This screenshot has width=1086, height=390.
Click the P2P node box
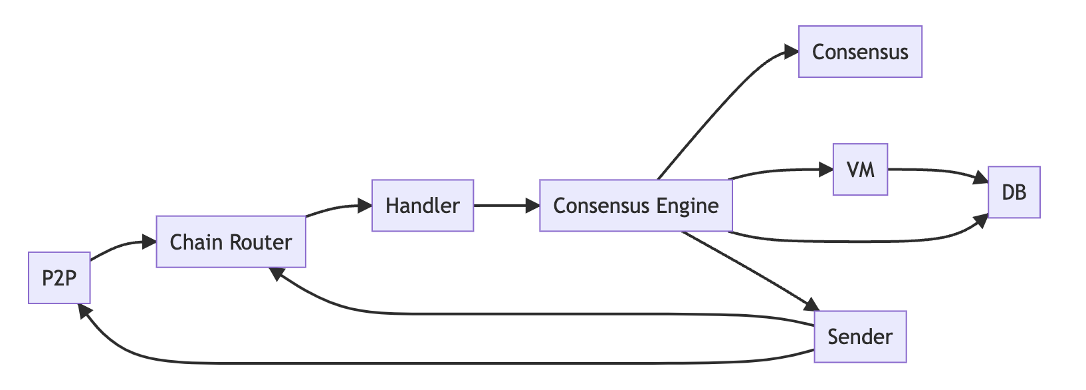pyautogui.click(x=59, y=278)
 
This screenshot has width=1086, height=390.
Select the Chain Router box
pyautogui.click(x=231, y=242)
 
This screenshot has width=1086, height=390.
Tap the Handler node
pyautogui.click(x=423, y=206)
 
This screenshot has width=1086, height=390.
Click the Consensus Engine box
pyautogui.click(x=635, y=206)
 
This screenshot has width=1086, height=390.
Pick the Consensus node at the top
pyautogui.click(x=860, y=52)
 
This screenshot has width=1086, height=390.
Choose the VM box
pyautogui.click(x=860, y=170)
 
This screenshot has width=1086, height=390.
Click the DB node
pyautogui.click(x=1014, y=192)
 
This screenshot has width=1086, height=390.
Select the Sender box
pyautogui.click(x=860, y=337)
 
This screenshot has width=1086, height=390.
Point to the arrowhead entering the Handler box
pyautogui.click(x=365, y=206)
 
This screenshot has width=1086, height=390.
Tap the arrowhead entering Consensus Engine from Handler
pyautogui.click(x=532, y=206)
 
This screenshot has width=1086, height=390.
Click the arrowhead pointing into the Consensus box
pyautogui.click(x=791, y=52)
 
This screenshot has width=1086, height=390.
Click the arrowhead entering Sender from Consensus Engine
pyautogui.click(x=812, y=305)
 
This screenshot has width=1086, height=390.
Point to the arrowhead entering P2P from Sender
pyautogui.click(x=83, y=310)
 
